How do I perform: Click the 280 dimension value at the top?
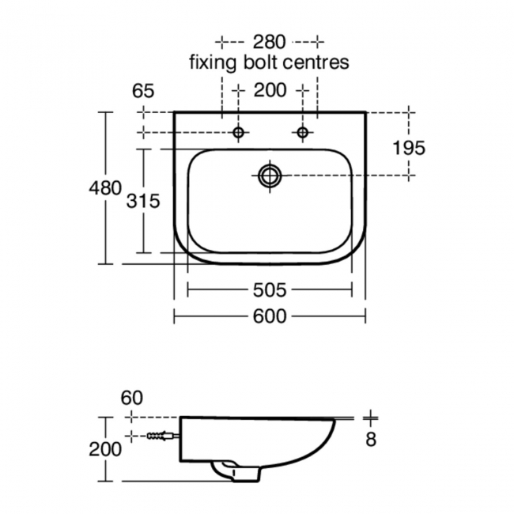pyautogui.click(x=269, y=41)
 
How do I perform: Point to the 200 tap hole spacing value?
pyautogui.click(x=270, y=91)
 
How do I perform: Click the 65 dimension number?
pyautogui.click(x=143, y=91)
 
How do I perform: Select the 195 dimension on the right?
pyautogui.click(x=410, y=147)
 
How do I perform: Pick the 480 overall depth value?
pyautogui.click(x=104, y=188)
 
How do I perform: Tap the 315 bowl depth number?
pyautogui.click(x=144, y=201)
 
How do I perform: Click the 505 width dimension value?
pyautogui.click(x=269, y=289)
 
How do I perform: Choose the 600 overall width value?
pyautogui.click(x=269, y=316)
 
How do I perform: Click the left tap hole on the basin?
pyautogui.click(x=238, y=133)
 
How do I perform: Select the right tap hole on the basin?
pyautogui.click(x=302, y=133)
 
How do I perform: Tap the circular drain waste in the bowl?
pyautogui.click(x=270, y=175)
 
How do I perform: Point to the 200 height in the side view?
pyautogui.click(x=105, y=449)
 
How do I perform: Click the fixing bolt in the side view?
pyautogui.click(x=163, y=436)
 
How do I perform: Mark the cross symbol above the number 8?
pyautogui.click(x=371, y=418)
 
